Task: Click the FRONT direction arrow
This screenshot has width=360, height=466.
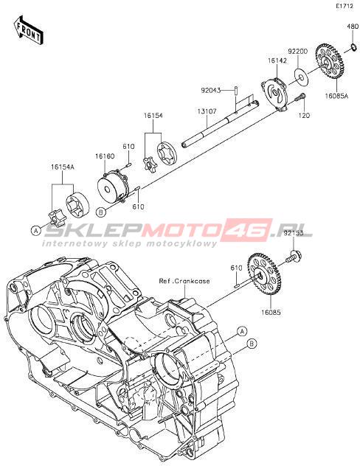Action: point(29,31)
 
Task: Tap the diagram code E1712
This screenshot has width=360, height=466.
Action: point(345,6)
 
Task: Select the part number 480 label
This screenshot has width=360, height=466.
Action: point(353,27)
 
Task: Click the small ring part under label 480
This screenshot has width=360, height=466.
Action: point(354,46)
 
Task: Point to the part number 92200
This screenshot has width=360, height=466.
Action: point(297,51)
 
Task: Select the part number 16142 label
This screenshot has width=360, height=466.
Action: point(277,60)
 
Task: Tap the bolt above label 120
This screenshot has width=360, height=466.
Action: point(300,98)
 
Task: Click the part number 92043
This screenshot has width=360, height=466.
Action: point(210,90)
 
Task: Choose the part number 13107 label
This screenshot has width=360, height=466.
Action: point(207,111)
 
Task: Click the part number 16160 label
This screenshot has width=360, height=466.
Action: point(105,156)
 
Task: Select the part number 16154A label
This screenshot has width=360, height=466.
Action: point(63,167)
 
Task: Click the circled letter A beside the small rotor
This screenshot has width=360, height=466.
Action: point(36,230)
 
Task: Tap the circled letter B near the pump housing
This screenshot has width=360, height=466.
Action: point(101,212)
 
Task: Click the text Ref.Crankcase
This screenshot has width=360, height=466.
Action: point(184,281)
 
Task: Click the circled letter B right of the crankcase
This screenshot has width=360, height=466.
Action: point(252,344)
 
